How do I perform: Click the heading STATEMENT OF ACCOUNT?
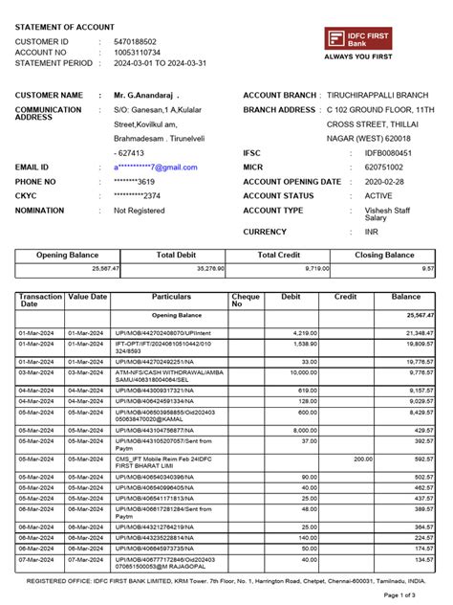tap(64, 28)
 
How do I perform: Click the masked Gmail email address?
tap(155, 168)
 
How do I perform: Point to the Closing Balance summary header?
tap(384, 256)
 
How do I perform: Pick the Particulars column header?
tap(171, 298)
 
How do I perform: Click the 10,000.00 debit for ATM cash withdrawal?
tap(301, 372)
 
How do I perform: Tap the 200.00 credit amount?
tap(361, 459)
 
